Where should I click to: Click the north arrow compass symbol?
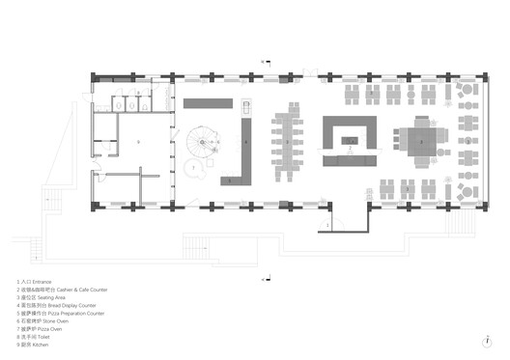click(492, 338)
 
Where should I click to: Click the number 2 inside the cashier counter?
click(351, 141)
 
